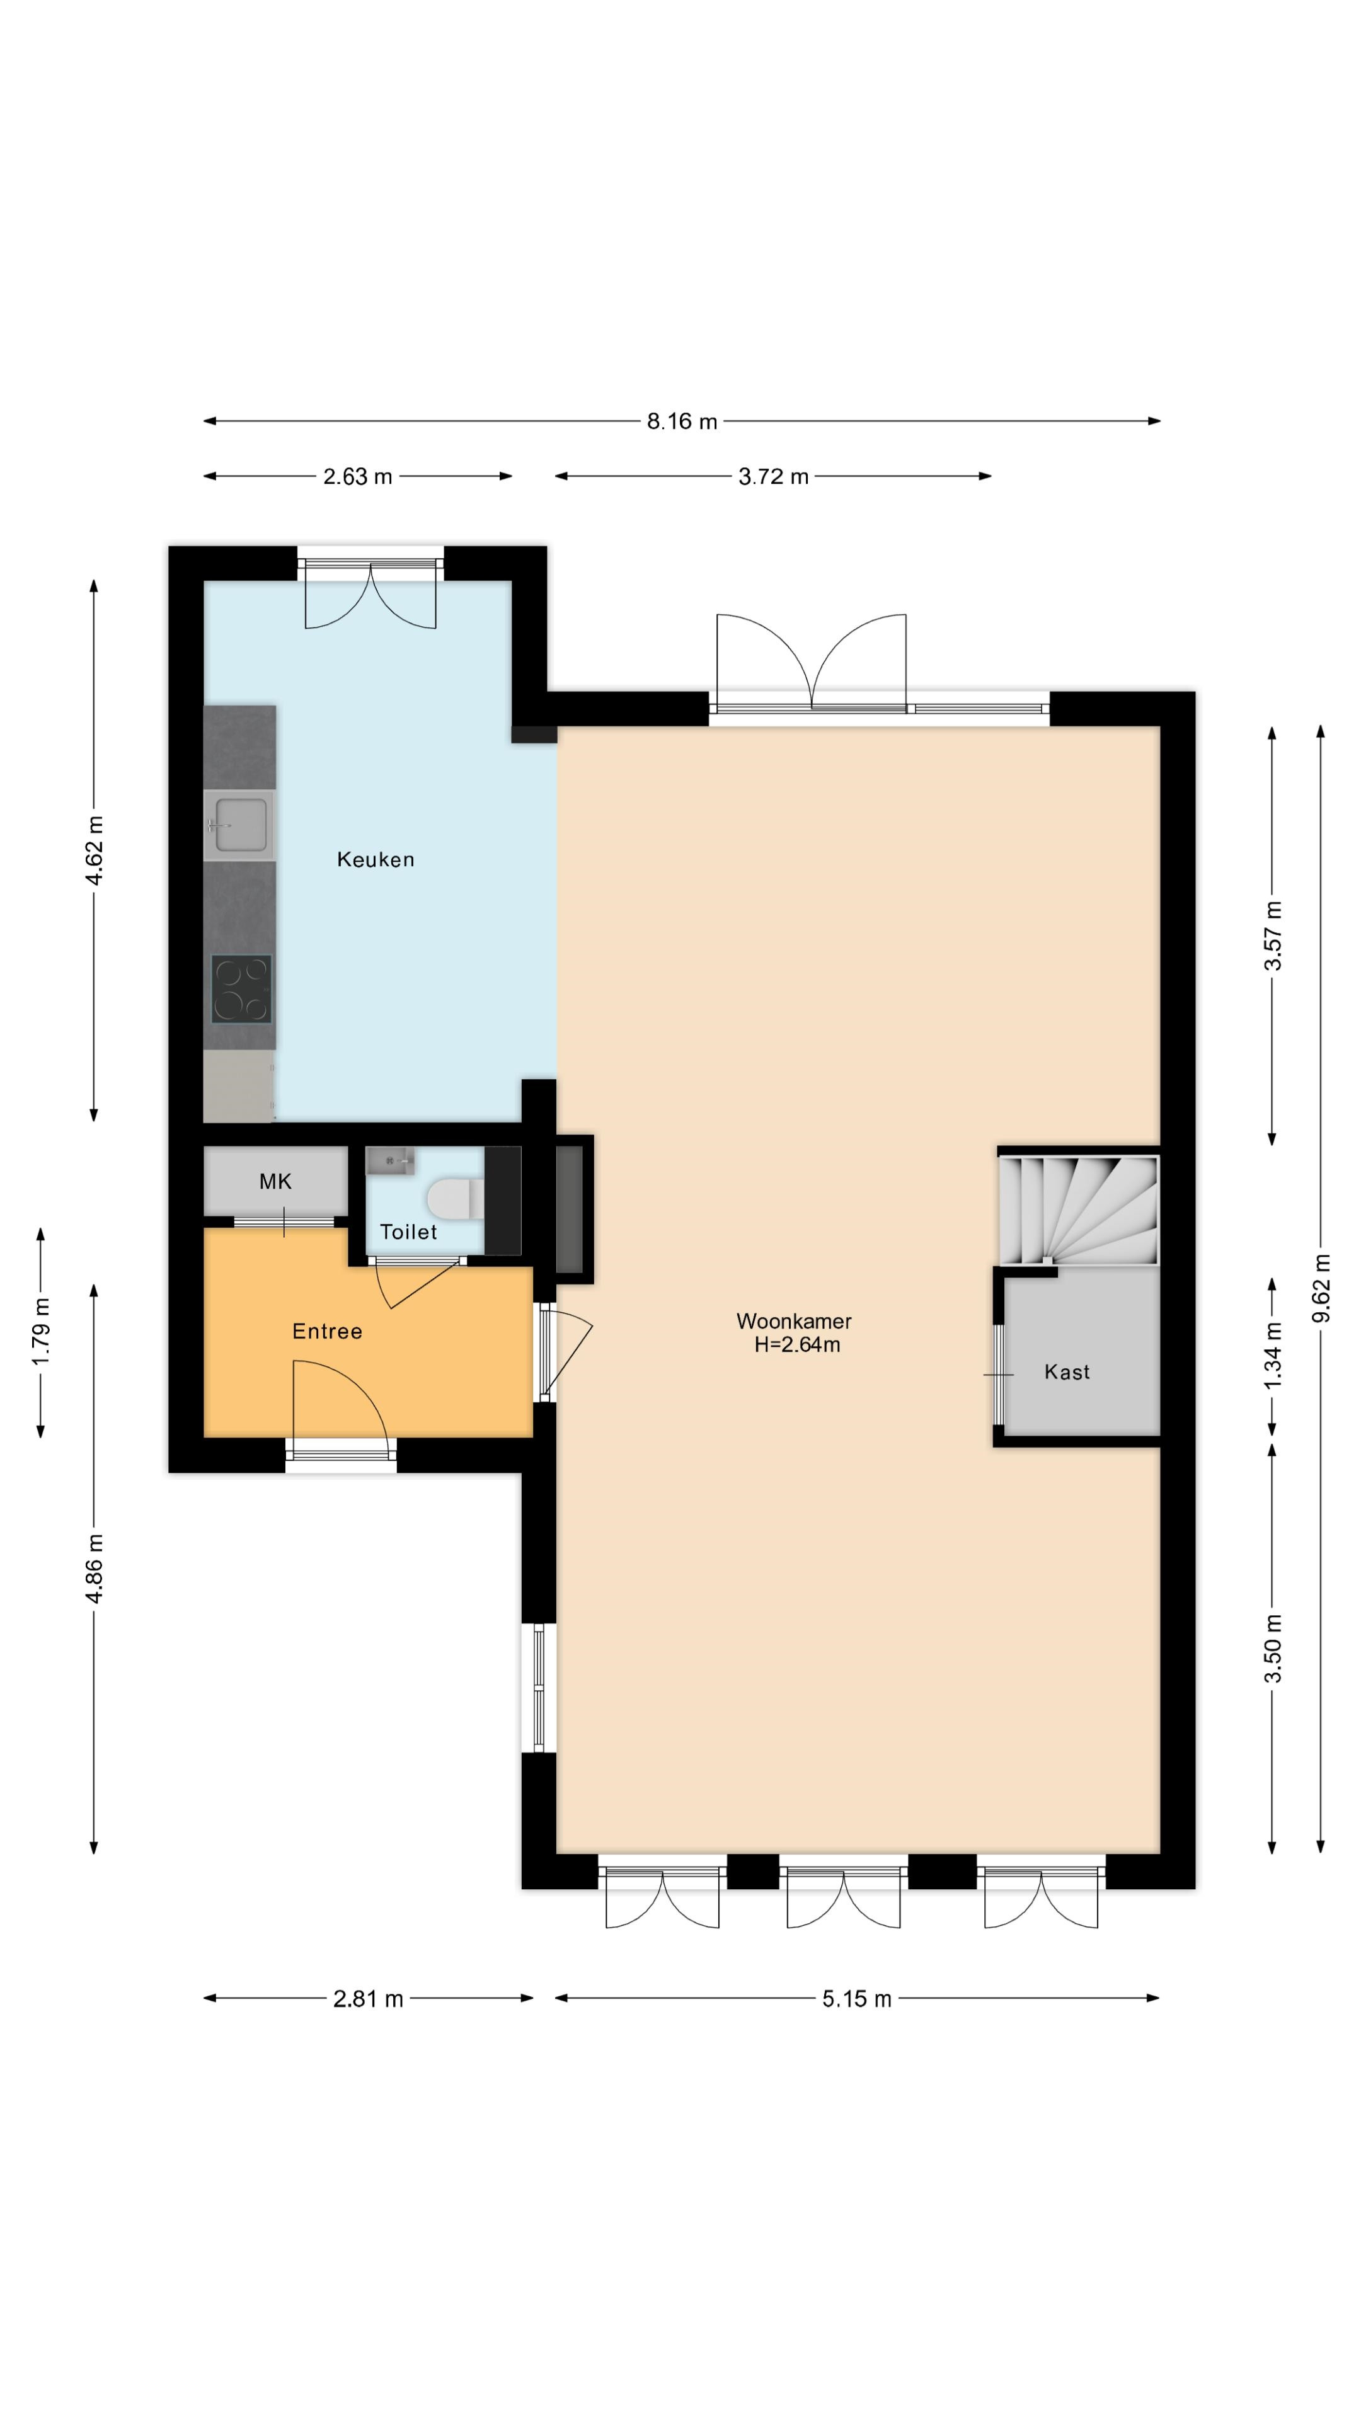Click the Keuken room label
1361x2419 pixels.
pos(375,859)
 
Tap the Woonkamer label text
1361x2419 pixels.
pos(794,1321)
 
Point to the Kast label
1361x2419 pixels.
pos(1067,1372)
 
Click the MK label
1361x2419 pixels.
pos(275,1181)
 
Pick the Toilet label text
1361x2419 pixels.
pos(408,1232)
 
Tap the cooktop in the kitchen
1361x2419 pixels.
pos(241,989)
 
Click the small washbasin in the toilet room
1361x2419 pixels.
pos(390,1160)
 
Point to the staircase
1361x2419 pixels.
pos(1078,1209)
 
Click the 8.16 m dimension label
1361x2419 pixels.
pos(682,421)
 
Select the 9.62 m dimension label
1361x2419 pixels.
pos(1321,1288)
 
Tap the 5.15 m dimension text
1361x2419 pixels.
pos(857,1998)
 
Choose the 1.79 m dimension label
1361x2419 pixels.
pos(40,1332)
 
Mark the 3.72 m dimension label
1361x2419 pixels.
pos(773,476)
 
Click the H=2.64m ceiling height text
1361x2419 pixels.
pos(798,1345)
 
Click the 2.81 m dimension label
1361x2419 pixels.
pos(368,1998)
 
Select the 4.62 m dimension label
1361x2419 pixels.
pos(94,851)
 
